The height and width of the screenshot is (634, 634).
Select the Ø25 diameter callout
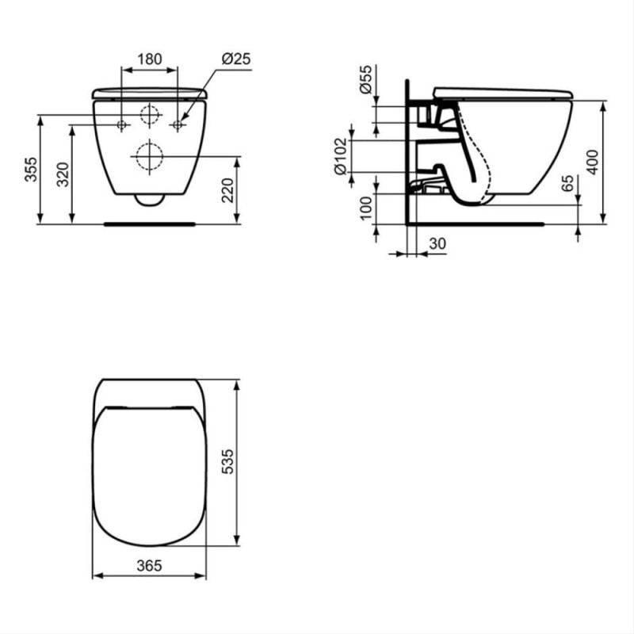pyautogui.click(x=235, y=59)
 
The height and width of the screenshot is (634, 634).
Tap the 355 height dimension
pyautogui.click(x=29, y=169)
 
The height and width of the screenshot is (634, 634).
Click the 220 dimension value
pyautogui.click(x=227, y=191)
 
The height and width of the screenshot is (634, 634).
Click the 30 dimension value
pyautogui.click(x=437, y=245)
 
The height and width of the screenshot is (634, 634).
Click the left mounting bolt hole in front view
pyautogui.click(x=122, y=124)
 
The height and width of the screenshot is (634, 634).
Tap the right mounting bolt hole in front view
pyautogui.click(x=178, y=124)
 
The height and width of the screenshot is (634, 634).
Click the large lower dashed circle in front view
pyautogui.click(x=149, y=157)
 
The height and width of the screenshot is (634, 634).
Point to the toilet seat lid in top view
pyautogui.click(x=149, y=475)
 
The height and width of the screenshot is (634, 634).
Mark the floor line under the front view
pyautogui.click(x=149, y=224)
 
